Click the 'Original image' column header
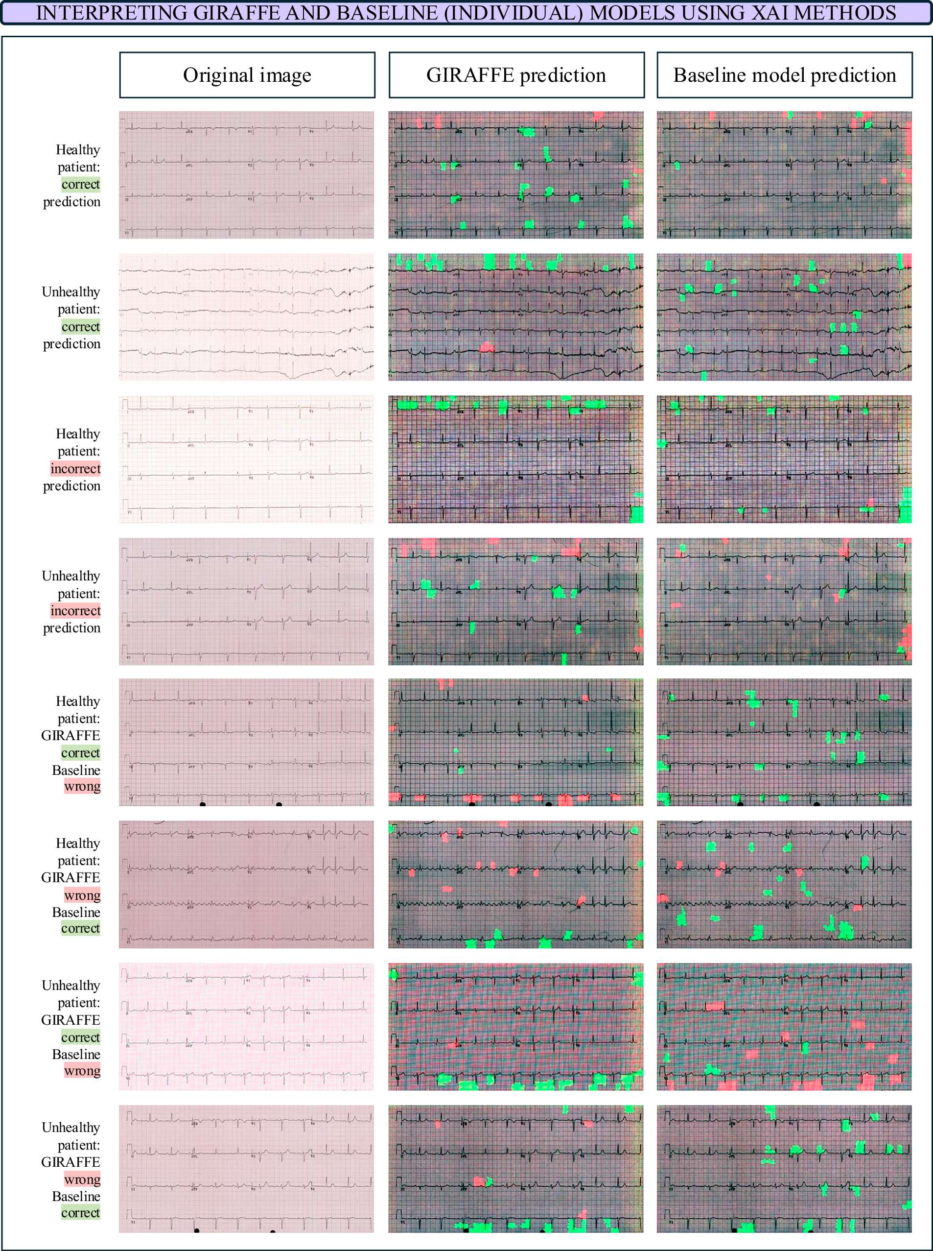(247, 75)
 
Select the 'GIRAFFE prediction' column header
(515, 75)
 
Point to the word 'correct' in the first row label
(81, 184)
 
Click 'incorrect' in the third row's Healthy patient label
(75, 468)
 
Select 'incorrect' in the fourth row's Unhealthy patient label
(75, 610)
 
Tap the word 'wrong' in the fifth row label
(82, 786)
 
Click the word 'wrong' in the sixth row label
(82, 895)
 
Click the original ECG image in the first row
(246, 174)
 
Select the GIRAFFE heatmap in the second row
(515, 316)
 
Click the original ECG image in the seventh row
(246, 1027)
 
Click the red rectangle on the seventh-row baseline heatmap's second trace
(715, 1006)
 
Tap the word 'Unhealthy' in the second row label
(71, 291)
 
